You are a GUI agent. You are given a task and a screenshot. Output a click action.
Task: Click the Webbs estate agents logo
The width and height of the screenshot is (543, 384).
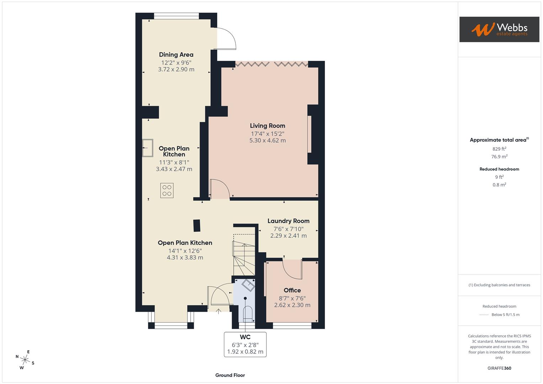point(499,30)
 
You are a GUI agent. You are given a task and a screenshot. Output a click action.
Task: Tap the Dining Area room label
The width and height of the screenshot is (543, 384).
point(176,55)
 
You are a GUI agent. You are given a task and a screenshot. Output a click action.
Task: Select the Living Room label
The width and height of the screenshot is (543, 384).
point(267,126)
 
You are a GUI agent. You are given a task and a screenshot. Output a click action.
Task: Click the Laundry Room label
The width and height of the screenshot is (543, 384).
point(288,221)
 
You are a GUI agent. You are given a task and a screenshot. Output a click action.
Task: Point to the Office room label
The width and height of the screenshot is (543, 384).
point(292,290)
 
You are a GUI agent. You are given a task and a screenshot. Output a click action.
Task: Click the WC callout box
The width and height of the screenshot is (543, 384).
point(245,344)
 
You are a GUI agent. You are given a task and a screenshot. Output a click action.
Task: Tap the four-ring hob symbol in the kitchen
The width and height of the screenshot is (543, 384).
point(167,190)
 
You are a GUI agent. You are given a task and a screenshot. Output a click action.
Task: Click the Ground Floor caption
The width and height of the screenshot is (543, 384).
point(230,375)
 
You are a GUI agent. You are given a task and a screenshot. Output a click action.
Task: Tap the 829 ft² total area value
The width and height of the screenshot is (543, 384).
point(499,149)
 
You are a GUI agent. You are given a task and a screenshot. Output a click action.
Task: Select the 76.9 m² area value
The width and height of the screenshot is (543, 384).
point(499,156)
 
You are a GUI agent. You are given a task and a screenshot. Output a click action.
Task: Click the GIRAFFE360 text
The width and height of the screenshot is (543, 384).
point(499,368)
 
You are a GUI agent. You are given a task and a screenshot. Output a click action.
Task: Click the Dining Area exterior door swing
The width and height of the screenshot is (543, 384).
point(226,39)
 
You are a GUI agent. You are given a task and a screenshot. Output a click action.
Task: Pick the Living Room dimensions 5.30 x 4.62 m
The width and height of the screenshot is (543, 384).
point(267,140)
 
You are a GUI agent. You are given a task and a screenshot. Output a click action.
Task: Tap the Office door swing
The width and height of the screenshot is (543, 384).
point(292,269)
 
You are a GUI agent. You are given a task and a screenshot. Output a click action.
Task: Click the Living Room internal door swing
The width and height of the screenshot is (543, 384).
point(219,189)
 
